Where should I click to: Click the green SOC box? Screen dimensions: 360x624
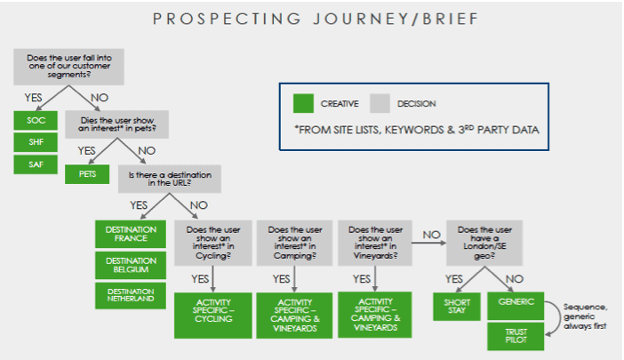click(36, 118)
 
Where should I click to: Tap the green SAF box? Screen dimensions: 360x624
click(36, 164)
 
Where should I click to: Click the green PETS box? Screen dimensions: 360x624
click(87, 173)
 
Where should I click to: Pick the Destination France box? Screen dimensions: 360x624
click(131, 234)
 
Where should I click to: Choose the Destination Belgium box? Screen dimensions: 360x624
click(131, 265)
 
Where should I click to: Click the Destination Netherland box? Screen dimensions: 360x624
click(131, 296)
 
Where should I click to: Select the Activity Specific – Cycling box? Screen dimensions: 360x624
click(213, 314)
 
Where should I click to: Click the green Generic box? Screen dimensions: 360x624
click(516, 302)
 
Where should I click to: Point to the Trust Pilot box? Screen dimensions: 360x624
click(516, 335)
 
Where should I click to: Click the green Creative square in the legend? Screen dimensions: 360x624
click(304, 104)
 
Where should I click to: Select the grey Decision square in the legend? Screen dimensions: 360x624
click(380, 104)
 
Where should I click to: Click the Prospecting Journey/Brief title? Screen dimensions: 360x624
click(313, 20)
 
